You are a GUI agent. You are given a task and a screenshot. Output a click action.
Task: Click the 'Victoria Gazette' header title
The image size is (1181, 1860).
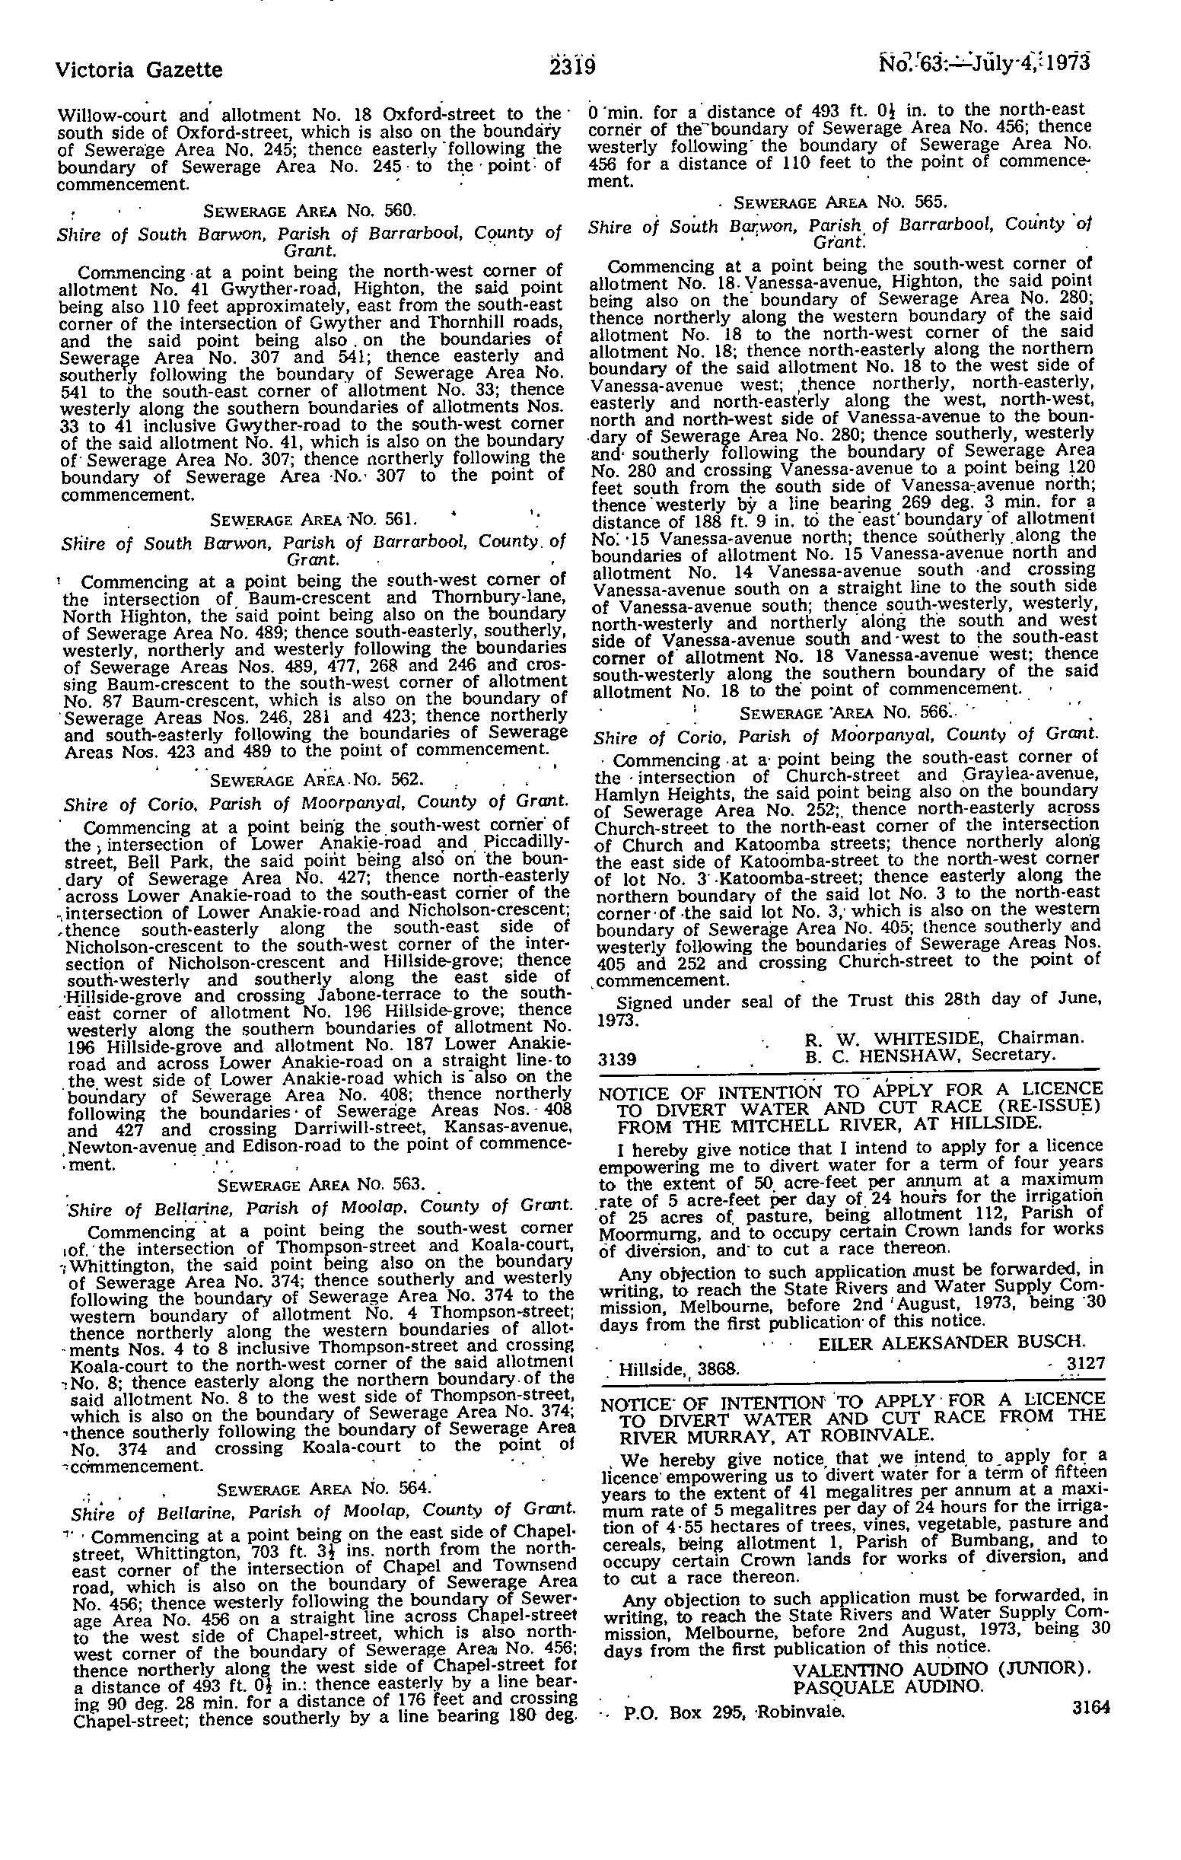pyautogui.click(x=139, y=70)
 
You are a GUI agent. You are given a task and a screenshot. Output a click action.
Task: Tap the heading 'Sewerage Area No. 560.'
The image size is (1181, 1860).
pyautogui.click(x=309, y=209)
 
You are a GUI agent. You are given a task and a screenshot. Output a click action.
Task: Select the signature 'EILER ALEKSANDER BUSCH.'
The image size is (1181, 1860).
pyautogui.click(x=952, y=1342)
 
